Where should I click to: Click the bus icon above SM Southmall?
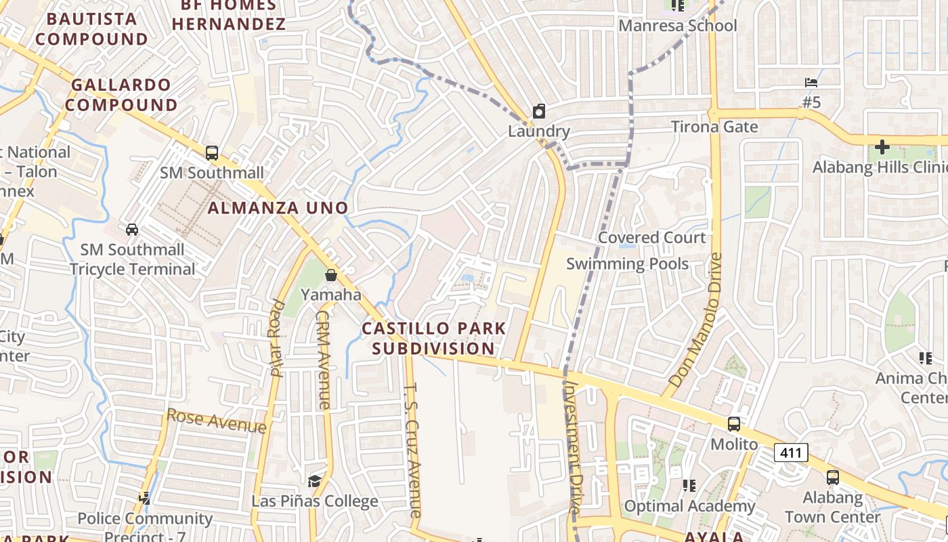[212, 152]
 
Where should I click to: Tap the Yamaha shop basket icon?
[331, 275]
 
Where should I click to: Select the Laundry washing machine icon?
[539, 111]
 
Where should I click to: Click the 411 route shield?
[791, 452]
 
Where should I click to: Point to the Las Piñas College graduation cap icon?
[314, 481]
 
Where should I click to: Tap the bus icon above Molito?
[734, 424]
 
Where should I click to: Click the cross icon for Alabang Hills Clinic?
[882, 146]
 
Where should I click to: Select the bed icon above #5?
[811, 83]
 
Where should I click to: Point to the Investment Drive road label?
[573, 446]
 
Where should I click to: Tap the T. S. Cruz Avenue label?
[412, 451]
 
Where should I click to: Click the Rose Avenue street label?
[216, 420]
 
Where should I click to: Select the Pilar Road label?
[277, 337]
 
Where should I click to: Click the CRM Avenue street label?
[323, 360]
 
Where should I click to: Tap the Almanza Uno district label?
[278, 208]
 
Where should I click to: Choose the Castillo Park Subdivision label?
[433, 338]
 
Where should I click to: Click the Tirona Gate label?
[714, 127]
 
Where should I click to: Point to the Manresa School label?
[678, 26]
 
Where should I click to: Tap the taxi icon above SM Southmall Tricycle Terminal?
[132, 229]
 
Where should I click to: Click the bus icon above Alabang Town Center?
[833, 477]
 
